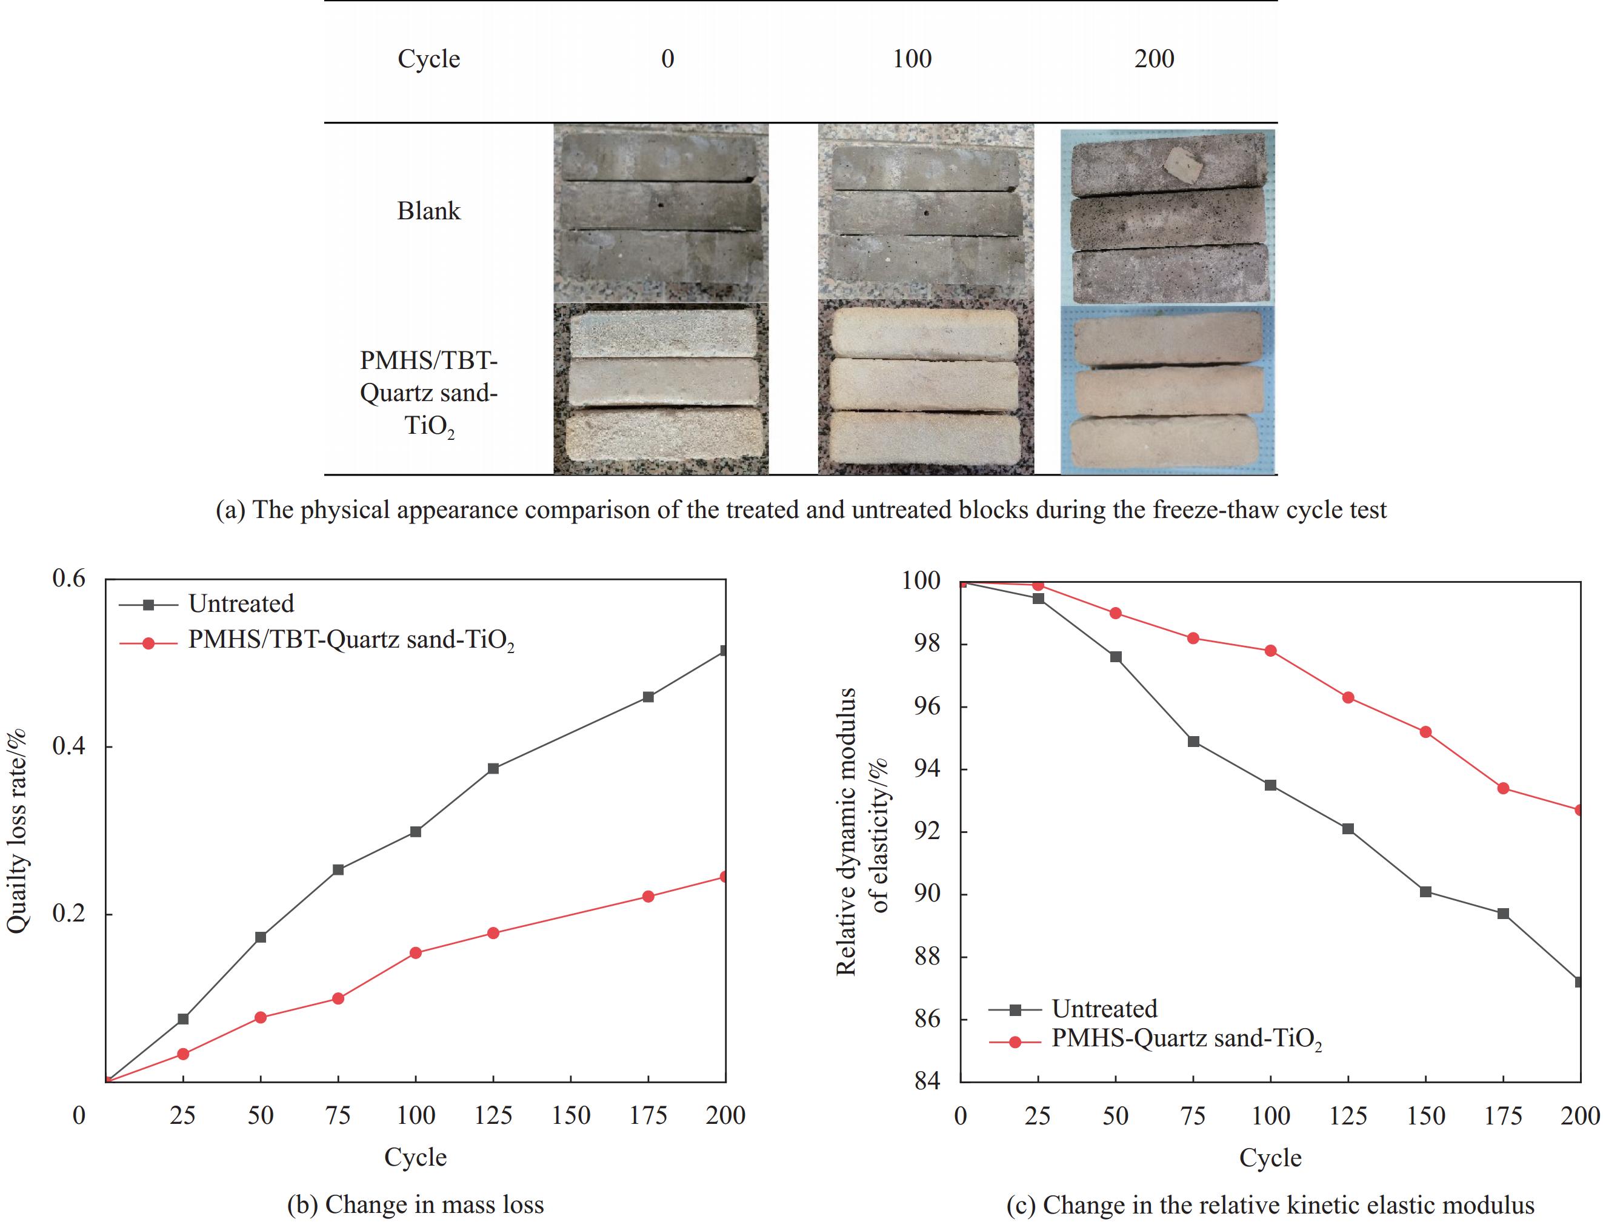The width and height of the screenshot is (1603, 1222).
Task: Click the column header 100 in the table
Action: (x=911, y=59)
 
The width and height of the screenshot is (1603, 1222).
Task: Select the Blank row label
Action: (x=428, y=211)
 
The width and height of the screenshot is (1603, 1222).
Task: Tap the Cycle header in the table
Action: (x=428, y=59)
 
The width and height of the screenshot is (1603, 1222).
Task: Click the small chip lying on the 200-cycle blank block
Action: (x=1181, y=168)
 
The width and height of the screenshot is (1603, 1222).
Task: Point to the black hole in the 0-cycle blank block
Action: (x=661, y=205)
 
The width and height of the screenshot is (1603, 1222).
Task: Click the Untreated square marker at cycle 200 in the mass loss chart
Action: (x=724, y=650)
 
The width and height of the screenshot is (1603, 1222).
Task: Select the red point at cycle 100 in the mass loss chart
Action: (x=416, y=953)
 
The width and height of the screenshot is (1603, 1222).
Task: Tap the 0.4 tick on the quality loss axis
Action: (x=68, y=747)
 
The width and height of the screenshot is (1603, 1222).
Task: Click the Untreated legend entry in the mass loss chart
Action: (x=241, y=603)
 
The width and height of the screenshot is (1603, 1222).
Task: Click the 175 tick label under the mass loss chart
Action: (x=648, y=1116)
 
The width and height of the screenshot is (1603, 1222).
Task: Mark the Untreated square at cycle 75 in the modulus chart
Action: (x=1193, y=742)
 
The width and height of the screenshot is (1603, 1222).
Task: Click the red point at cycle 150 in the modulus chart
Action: (x=1425, y=732)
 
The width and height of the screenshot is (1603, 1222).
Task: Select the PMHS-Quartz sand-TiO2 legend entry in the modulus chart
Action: (x=1186, y=1038)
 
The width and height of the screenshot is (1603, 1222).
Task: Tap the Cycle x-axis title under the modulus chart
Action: (x=1270, y=1158)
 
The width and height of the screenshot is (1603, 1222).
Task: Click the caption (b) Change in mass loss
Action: (x=416, y=1204)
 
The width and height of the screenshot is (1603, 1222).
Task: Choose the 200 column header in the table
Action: (x=1154, y=59)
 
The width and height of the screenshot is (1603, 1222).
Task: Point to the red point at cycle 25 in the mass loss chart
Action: (x=184, y=1054)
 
